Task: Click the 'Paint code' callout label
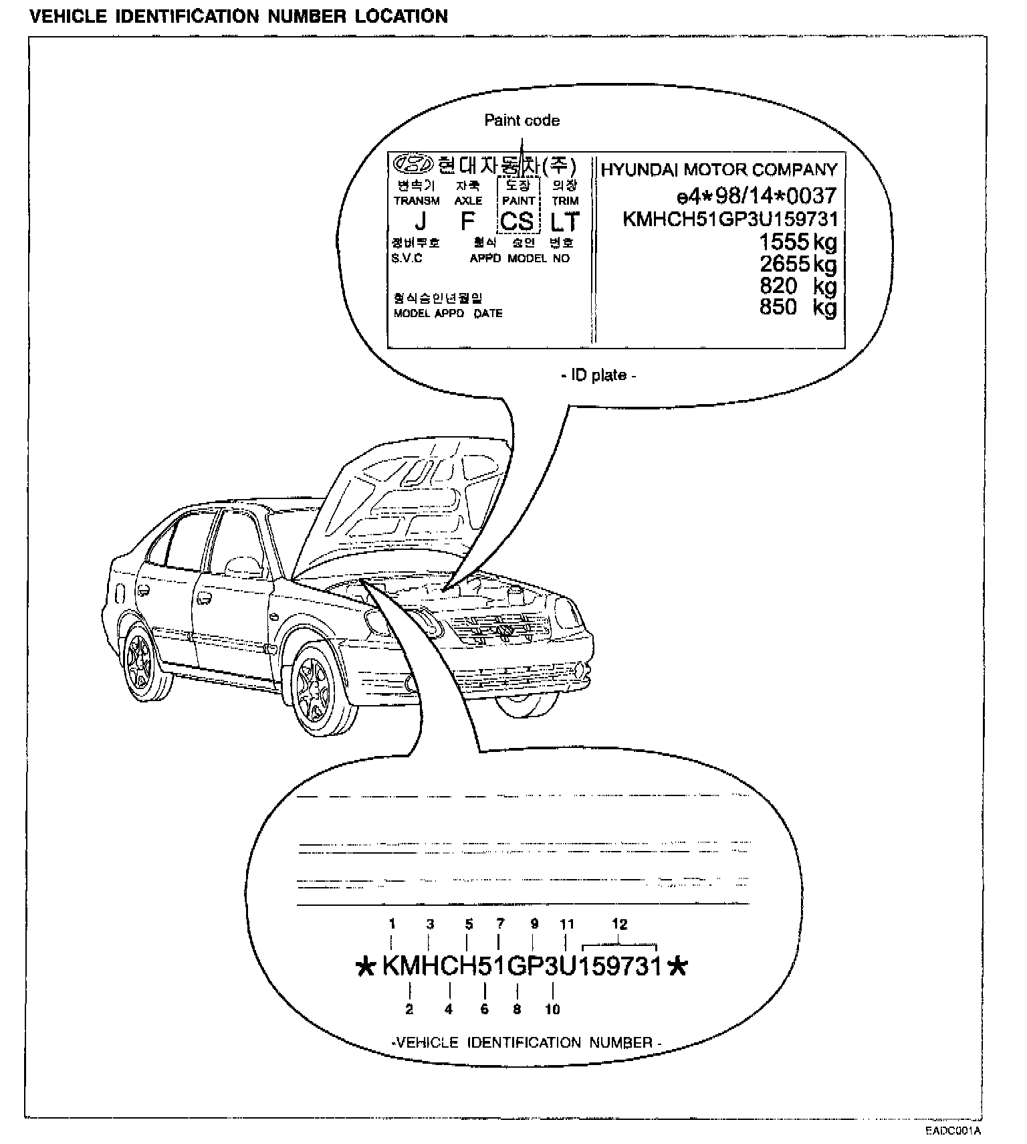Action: coord(522,120)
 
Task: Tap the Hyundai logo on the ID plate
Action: coord(413,163)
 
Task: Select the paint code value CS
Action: coord(517,221)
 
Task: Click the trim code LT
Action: coord(564,221)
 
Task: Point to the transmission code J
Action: coord(420,221)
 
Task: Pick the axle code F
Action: coord(468,221)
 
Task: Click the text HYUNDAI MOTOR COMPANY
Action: coord(719,169)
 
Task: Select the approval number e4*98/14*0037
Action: coord(756,195)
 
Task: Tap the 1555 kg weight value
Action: coord(798,242)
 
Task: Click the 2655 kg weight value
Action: coord(798,264)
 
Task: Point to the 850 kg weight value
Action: coord(798,307)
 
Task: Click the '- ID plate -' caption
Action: coord(598,375)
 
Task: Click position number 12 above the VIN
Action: coord(620,925)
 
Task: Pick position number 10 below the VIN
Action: coord(552,1009)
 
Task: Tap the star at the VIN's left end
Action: coord(366,967)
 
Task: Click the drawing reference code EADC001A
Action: coord(953,1131)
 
